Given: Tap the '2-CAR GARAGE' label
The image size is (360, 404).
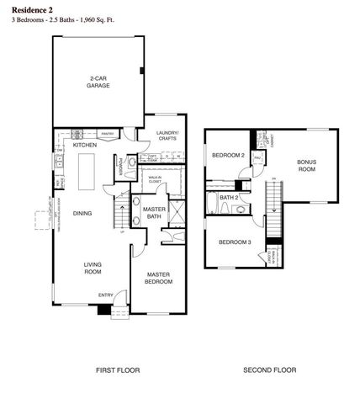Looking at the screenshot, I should [100, 83].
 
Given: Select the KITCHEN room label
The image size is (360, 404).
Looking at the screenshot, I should [85, 146].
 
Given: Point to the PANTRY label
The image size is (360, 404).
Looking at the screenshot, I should [108, 133].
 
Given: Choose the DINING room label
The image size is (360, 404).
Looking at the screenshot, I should [83, 213].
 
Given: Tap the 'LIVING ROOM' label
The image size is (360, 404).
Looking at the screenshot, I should [92, 268].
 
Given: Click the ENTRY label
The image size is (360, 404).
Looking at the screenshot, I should [106, 295].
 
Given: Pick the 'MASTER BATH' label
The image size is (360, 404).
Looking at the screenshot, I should [153, 213].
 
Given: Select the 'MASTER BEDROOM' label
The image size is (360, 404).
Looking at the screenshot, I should [159, 278].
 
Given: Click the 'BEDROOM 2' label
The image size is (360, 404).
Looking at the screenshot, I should [227, 156].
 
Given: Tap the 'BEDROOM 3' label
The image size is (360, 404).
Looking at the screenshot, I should [235, 242].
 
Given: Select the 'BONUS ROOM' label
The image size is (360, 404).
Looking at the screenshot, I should [306, 166].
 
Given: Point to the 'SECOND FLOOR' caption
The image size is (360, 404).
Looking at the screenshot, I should [269, 370].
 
